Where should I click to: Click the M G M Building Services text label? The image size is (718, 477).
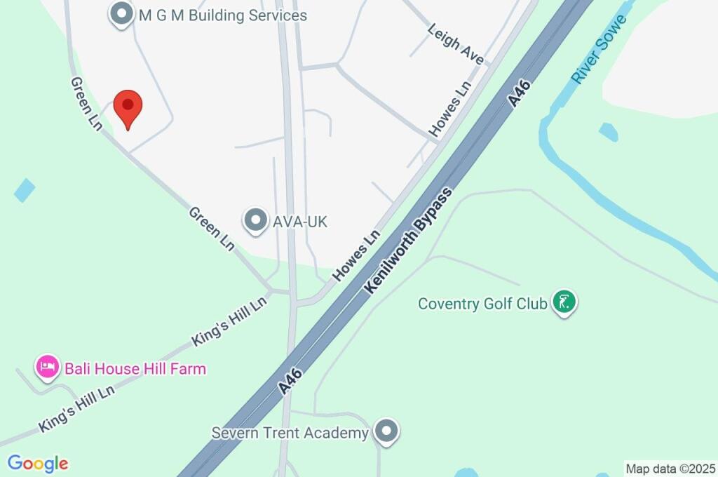(222, 15)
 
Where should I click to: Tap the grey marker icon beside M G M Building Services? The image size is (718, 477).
(123, 13)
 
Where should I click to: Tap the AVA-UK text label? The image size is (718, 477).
(301, 222)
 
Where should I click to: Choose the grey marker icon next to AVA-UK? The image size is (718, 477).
(255, 221)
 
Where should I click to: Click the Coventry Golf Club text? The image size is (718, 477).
(482, 304)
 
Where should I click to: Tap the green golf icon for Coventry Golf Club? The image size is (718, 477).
(564, 302)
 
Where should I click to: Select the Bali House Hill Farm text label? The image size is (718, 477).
(135, 368)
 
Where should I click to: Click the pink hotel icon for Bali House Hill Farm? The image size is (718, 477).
(47, 367)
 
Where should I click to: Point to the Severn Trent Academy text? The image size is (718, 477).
(290, 433)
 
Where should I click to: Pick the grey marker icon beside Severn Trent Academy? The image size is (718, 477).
(386, 432)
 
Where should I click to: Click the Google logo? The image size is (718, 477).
(38, 464)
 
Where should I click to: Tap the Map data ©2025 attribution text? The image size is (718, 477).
(670, 468)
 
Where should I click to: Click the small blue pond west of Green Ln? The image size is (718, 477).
(24, 190)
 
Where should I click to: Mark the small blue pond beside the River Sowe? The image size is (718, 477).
(608, 131)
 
